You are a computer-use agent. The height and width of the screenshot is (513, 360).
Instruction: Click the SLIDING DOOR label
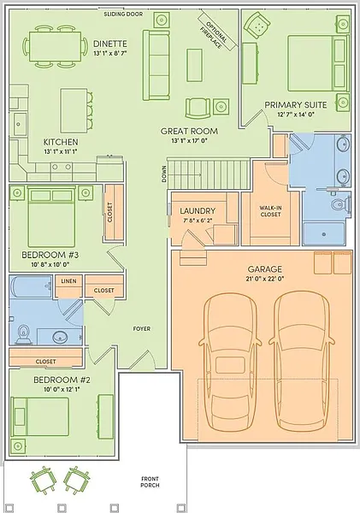pos(123,14)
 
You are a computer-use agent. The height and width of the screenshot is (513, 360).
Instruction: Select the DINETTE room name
pos(110,44)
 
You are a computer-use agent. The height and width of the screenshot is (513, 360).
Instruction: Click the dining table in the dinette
pos(56,46)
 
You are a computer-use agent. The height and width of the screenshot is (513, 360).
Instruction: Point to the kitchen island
pos(74,110)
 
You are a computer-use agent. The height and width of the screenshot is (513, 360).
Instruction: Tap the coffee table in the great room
pos(194,65)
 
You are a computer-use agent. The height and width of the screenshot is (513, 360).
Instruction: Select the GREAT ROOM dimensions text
pos(189,141)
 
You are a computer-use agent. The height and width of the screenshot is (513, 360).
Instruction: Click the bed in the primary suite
pos(316,63)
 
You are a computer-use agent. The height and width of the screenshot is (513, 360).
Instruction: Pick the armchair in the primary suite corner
pos(258,25)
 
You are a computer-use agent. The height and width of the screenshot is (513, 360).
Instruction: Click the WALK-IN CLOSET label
pos(270,211)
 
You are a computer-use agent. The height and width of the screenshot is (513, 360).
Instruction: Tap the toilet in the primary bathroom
pos(339,205)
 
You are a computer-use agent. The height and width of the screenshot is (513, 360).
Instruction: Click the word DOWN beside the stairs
pos(164,174)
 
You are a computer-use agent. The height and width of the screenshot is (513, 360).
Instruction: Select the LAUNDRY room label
pos(198,210)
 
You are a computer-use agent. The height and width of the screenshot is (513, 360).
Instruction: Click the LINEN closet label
pos(68,281)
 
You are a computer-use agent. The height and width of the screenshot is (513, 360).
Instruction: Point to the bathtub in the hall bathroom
pos(31,286)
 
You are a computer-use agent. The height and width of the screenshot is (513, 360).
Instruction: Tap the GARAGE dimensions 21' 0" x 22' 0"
pos(265,279)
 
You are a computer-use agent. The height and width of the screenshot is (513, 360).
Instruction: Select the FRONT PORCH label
pos(150,482)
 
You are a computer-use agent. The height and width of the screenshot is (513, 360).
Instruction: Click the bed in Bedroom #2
pos(40,417)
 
